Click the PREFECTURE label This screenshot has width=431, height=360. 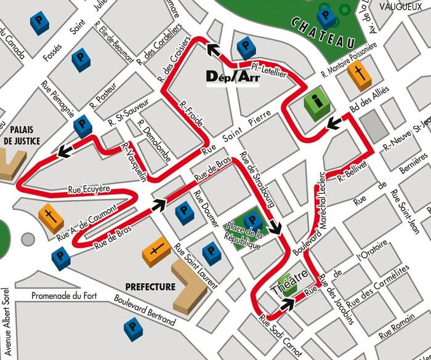pyautogui.click(x=150, y=287)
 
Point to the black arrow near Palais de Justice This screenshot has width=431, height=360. pyautogui.click(x=63, y=152)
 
